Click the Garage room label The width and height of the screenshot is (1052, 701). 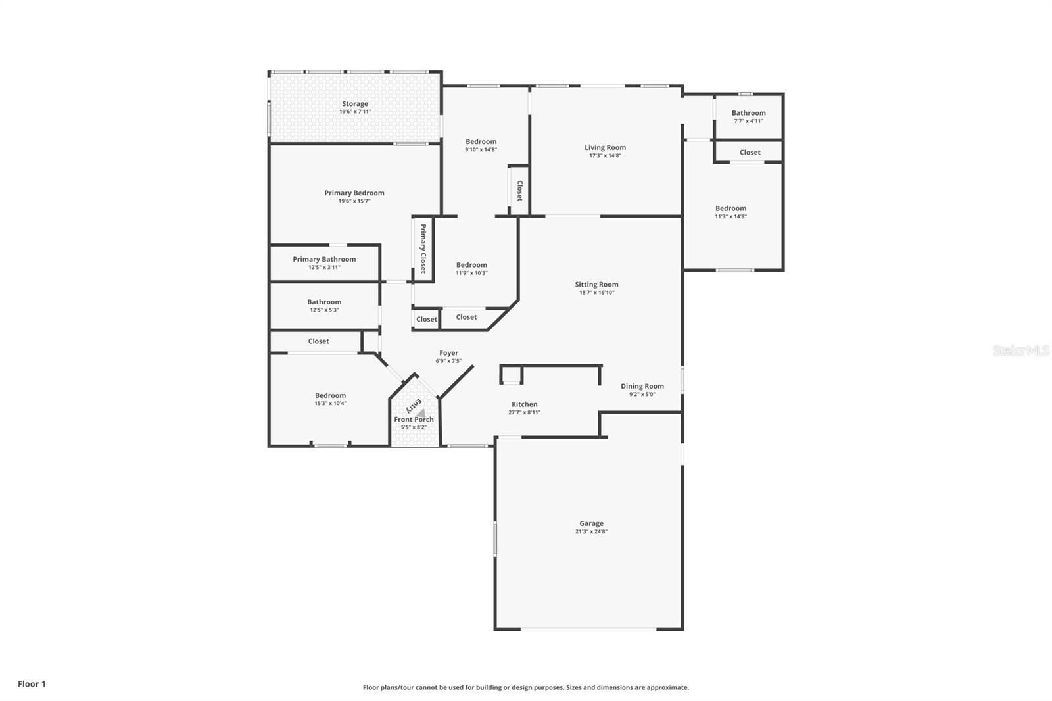pyautogui.click(x=591, y=524)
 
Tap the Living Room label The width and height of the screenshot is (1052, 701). pyautogui.click(x=605, y=147)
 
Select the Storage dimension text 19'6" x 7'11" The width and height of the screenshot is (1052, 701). pyautogui.click(x=355, y=112)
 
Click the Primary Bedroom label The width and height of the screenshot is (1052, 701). pyautogui.click(x=354, y=193)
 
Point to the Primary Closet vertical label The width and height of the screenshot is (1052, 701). pyautogui.click(x=423, y=249)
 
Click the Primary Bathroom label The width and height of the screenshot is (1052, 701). pyautogui.click(x=324, y=259)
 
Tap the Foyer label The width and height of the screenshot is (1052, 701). pyautogui.click(x=448, y=353)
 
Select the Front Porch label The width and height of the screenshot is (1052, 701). pyautogui.click(x=414, y=419)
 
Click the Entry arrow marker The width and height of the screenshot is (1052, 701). pyautogui.click(x=421, y=412)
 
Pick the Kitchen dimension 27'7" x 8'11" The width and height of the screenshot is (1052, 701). pyautogui.click(x=524, y=412)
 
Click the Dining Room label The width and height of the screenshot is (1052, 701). pyautogui.click(x=642, y=386)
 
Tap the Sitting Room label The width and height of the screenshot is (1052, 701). pyautogui.click(x=596, y=285)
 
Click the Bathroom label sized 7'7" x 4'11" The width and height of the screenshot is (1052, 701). pyautogui.click(x=748, y=113)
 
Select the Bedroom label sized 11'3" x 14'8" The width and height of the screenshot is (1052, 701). pyautogui.click(x=730, y=208)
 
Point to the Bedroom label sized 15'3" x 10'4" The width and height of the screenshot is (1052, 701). pyautogui.click(x=330, y=395)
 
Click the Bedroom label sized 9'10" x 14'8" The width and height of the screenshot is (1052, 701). pyautogui.click(x=481, y=141)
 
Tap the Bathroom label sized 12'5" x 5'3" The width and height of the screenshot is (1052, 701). pyautogui.click(x=324, y=302)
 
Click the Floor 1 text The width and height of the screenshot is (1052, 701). pyautogui.click(x=32, y=684)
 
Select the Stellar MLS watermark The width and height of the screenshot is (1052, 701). pyautogui.click(x=1020, y=351)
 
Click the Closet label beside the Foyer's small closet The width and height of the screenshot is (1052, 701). pyautogui.click(x=426, y=319)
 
